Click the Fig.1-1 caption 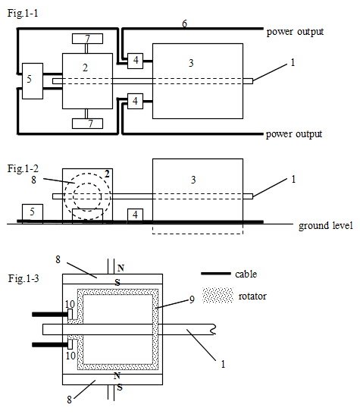pos(23,13)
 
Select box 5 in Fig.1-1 pos(33,81)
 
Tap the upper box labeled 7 pos(87,39)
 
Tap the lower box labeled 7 pos(87,124)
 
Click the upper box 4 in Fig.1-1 pos(135,61)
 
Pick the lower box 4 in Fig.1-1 pos(135,101)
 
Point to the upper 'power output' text pos(295,32)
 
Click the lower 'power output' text pos(294,134)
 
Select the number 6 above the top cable pos(184,24)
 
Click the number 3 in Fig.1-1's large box pos(191,63)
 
